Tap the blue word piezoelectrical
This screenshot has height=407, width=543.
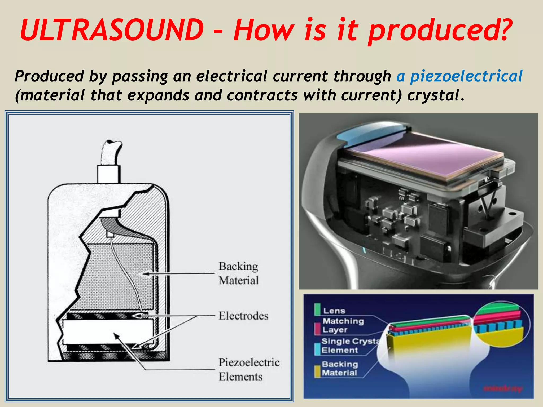point(466,76)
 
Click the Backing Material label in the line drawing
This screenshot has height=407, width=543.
point(238,273)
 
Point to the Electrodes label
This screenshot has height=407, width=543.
point(243,316)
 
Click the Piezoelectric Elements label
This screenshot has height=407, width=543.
point(249,369)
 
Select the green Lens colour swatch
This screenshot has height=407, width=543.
point(317,309)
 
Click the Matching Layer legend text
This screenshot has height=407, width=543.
point(343,325)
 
